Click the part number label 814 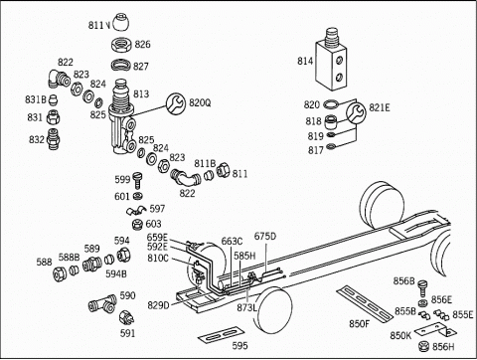[x=305, y=61]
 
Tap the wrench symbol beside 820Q [x=176, y=103]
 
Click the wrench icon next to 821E [x=356, y=112]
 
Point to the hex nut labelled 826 [x=121, y=45]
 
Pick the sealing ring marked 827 [x=121, y=65]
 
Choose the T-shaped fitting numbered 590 [x=102, y=303]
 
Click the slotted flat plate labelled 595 [x=222, y=334]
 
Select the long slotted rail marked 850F [x=365, y=302]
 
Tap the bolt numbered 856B [x=422, y=288]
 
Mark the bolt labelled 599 [x=137, y=180]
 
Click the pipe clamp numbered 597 [x=136, y=210]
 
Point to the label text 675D [x=265, y=237]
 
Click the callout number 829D [x=158, y=304]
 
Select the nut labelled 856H [x=423, y=346]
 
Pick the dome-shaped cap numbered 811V [x=121, y=22]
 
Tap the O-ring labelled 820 [x=331, y=104]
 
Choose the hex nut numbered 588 [x=60, y=273]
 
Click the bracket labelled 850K [x=435, y=330]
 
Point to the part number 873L [x=246, y=307]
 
